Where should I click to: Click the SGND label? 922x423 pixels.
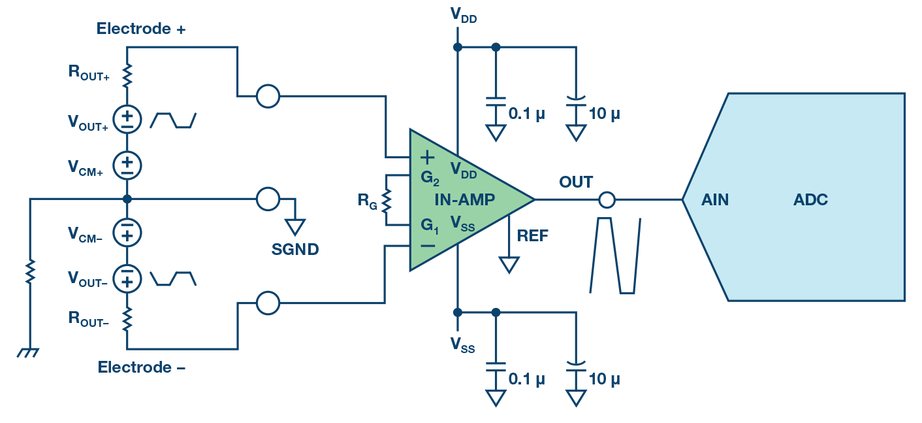tap(295, 249)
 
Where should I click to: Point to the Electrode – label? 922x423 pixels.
tap(142, 367)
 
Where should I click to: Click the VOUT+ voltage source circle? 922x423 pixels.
tap(127, 119)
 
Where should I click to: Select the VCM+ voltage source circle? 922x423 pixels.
tap(127, 165)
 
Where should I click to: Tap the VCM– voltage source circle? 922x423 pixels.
tap(127, 231)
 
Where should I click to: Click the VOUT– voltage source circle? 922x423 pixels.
tap(127, 278)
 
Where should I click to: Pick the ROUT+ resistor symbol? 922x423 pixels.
tap(127, 74)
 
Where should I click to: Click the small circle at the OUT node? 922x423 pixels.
tap(607, 199)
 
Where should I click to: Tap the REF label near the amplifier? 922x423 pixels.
tap(532, 237)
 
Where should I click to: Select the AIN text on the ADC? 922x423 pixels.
tap(715, 200)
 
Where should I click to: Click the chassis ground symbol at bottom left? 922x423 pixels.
tap(28, 352)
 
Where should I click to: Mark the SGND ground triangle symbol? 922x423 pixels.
tap(295, 227)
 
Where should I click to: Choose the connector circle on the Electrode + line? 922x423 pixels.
tap(268, 97)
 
